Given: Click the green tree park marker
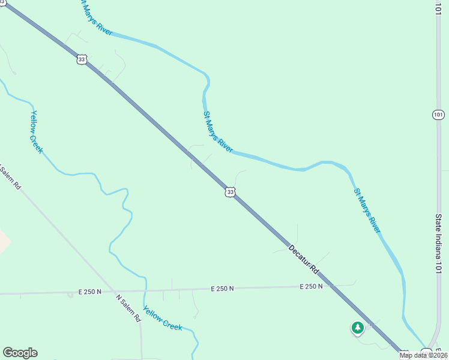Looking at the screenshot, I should (358, 328).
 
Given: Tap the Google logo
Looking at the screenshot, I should (20, 353).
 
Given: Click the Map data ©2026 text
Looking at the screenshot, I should (424, 355).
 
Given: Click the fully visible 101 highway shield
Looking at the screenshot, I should (439, 114).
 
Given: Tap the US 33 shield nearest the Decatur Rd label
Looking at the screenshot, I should (230, 192).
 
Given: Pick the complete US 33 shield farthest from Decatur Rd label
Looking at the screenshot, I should (82, 59).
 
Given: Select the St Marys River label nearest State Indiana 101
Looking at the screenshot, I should (367, 211).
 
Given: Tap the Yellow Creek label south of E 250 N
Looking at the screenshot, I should (163, 316).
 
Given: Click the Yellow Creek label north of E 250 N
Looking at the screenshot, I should (37, 132).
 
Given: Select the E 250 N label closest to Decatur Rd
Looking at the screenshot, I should (311, 287).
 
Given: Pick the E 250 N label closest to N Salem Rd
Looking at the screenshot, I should (89, 292).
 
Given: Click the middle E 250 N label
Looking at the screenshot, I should (222, 289).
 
